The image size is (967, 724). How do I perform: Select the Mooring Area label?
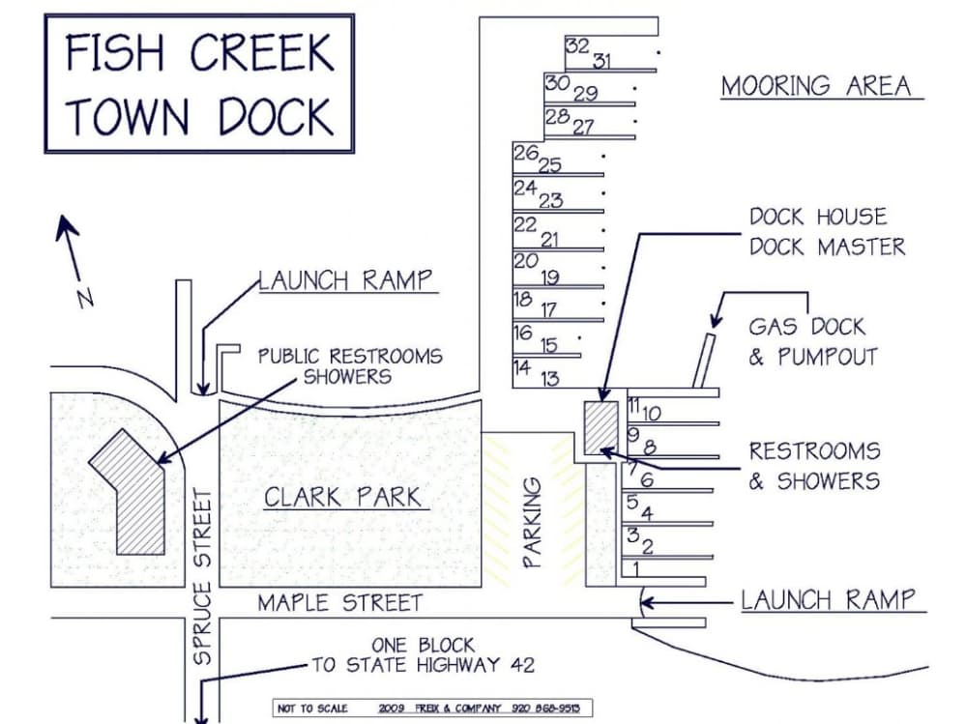816,86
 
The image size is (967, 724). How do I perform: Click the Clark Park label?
342,498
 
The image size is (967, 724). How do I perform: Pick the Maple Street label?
339,603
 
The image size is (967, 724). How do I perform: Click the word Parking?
533,521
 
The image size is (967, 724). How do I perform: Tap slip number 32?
577,46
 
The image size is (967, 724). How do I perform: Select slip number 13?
549,378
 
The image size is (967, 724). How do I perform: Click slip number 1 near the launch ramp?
636,567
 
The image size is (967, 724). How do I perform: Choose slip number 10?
652,414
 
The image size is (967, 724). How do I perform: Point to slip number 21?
549,240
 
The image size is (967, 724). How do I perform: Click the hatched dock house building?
601,426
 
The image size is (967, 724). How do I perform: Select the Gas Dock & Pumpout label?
812,341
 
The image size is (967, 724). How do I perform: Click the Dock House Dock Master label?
828,232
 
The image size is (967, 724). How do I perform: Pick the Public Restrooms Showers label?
349,366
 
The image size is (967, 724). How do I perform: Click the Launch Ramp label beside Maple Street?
828,599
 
